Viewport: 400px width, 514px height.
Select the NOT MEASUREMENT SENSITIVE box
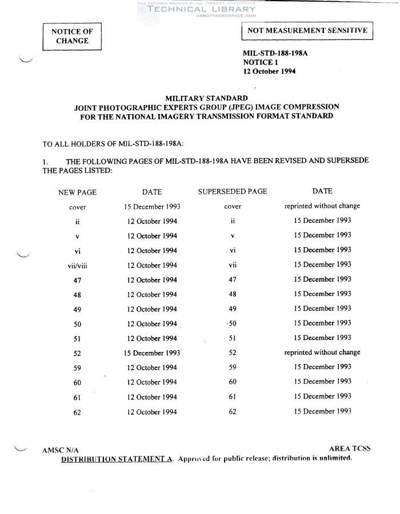[307, 31]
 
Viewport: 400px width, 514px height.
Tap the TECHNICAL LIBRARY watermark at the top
[202, 9]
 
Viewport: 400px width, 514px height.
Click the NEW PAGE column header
[78, 192]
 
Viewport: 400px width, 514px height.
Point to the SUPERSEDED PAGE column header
[232, 192]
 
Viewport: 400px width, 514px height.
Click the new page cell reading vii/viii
[77, 265]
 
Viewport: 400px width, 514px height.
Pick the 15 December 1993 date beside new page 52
[152, 353]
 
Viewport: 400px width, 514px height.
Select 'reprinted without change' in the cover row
[322, 206]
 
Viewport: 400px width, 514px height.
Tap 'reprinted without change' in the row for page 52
[322, 353]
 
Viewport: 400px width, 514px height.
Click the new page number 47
[77, 280]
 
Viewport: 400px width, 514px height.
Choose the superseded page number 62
[232, 411]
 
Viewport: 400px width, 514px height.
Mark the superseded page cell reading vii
[232, 265]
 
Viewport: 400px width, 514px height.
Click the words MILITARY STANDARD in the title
[206, 98]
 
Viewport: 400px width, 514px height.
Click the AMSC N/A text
[60, 450]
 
